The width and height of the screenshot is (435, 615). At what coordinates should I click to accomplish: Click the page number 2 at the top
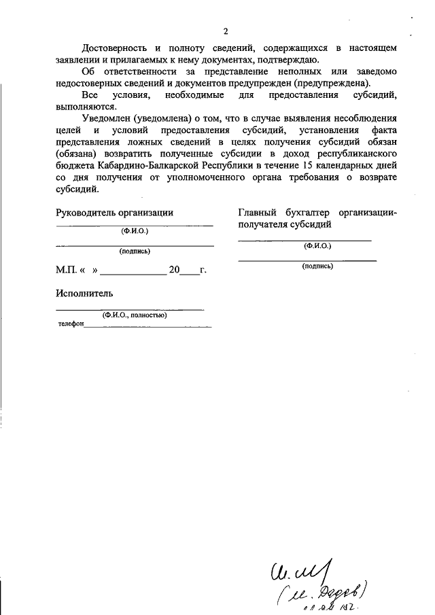point(225,31)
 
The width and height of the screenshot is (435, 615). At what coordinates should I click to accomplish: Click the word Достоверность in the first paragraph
point(113,48)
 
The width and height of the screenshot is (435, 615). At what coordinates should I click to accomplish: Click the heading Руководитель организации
point(114,212)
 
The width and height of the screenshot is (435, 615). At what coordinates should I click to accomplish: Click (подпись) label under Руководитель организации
point(135,251)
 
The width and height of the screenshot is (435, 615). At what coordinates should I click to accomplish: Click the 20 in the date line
point(174,270)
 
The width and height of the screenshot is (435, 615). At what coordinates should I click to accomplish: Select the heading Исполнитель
point(84,294)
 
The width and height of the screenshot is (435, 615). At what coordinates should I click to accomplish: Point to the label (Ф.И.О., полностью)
point(135,315)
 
